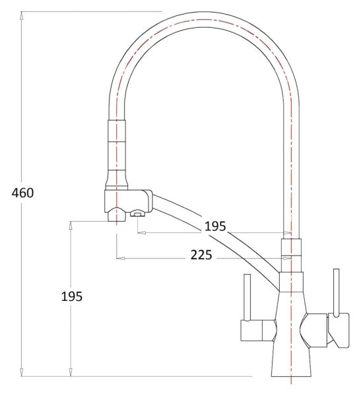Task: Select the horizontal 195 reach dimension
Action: point(215,226)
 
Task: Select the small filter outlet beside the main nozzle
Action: point(138,213)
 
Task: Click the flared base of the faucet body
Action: point(290,363)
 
